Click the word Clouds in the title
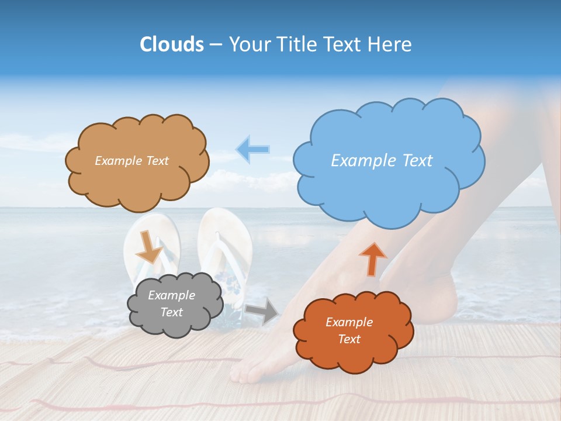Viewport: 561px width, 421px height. (x=172, y=44)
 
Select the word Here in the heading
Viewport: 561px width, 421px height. (x=391, y=44)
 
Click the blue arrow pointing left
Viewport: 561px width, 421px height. (x=252, y=149)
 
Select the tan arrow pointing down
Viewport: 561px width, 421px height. (x=149, y=247)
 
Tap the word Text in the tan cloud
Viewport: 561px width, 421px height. (x=157, y=161)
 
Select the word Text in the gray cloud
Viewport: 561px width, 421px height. (x=172, y=312)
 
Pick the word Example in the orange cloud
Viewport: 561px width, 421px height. (x=349, y=322)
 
